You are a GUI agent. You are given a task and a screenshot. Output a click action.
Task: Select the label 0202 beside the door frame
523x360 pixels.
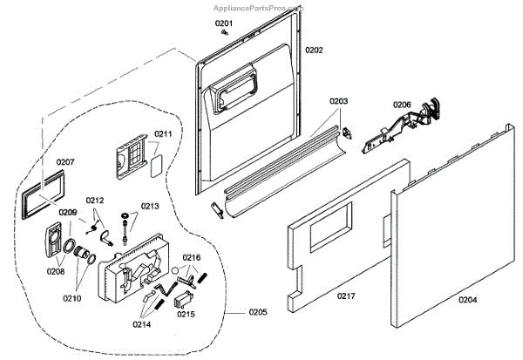tap(314, 51)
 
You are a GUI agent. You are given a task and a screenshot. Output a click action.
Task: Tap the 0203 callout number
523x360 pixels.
tap(338, 102)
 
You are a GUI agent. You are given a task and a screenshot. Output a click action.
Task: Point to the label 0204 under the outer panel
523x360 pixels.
tap(468, 301)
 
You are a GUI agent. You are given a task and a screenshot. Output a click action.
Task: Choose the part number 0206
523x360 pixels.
tap(402, 105)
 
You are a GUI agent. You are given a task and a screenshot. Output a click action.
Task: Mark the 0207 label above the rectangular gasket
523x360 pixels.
tap(66, 162)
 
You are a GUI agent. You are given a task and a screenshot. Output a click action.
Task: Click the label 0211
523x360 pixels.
tap(163, 134)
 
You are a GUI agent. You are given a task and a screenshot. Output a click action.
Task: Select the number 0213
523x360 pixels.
tap(150, 207)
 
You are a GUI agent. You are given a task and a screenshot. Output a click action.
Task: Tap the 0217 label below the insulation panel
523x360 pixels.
tap(347, 296)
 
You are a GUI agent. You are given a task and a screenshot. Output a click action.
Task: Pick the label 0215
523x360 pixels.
tap(187, 313)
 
